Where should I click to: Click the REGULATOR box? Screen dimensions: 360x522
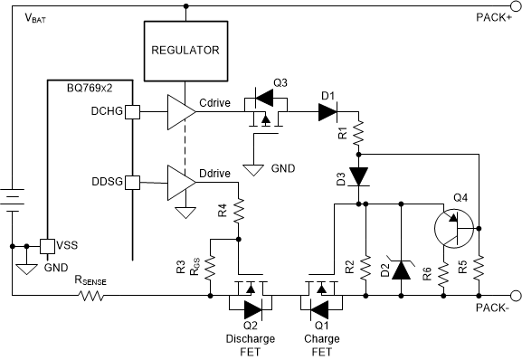click(x=185, y=51)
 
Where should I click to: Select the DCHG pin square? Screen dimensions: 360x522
click(x=132, y=112)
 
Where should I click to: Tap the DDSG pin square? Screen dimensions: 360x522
click(x=132, y=182)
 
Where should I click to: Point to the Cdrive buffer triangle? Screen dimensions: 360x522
click(x=180, y=112)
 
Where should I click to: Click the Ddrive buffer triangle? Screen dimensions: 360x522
click(x=180, y=182)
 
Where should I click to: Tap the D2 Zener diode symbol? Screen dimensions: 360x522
click(x=399, y=268)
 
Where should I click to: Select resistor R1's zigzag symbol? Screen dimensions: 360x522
click(x=360, y=136)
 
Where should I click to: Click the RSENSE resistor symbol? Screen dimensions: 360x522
click(x=90, y=295)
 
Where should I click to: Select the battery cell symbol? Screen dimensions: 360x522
click(x=13, y=196)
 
